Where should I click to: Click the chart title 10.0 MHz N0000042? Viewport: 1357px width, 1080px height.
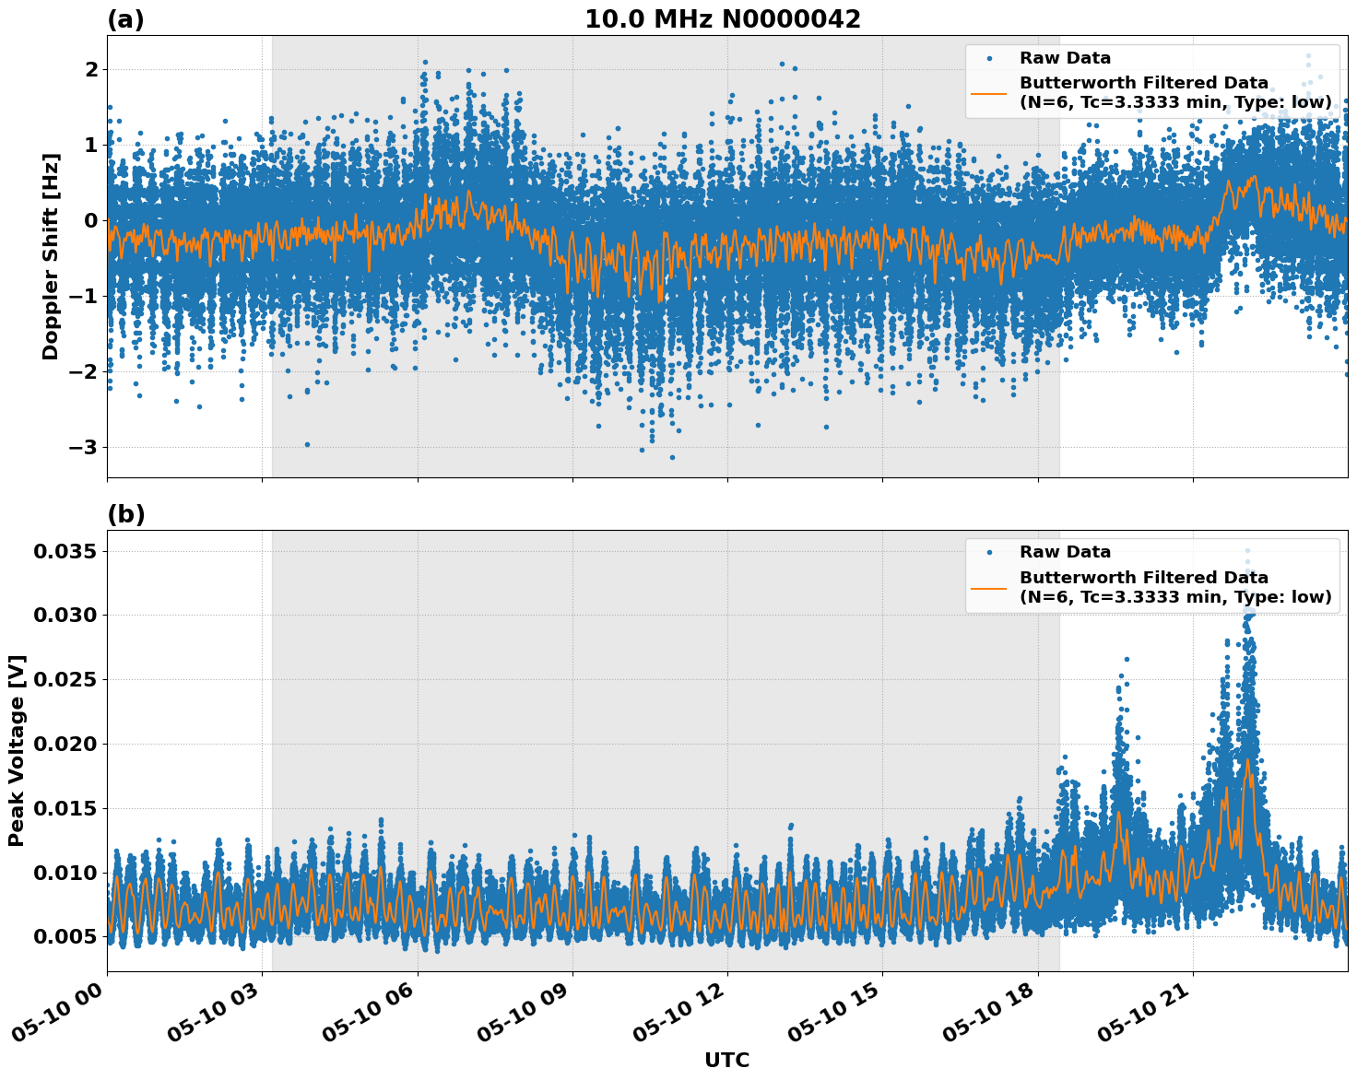coord(722,19)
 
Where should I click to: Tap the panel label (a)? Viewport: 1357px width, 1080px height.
coord(125,19)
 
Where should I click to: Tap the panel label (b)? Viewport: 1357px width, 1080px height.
coord(126,514)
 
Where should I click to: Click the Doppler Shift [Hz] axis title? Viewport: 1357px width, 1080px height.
coord(51,256)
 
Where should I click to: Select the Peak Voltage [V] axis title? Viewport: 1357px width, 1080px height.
coord(17,750)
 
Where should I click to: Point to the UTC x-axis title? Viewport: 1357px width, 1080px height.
coord(726,1060)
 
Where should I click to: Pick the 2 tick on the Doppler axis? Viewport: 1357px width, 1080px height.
coord(91,70)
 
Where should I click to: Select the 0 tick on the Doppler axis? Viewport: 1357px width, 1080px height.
coord(91,220)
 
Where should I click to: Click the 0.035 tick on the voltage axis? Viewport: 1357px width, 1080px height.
coord(65,551)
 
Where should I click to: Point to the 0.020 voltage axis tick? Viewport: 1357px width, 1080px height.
coord(65,744)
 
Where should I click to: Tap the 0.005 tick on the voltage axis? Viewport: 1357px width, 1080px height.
coord(65,936)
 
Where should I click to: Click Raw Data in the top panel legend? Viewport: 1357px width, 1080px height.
coord(1065,58)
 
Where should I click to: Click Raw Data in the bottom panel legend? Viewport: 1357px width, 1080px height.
coord(1065,552)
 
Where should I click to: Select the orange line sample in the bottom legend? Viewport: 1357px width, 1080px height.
coord(989,587)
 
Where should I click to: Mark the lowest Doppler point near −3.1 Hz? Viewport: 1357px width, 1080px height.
coord(672,457)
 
